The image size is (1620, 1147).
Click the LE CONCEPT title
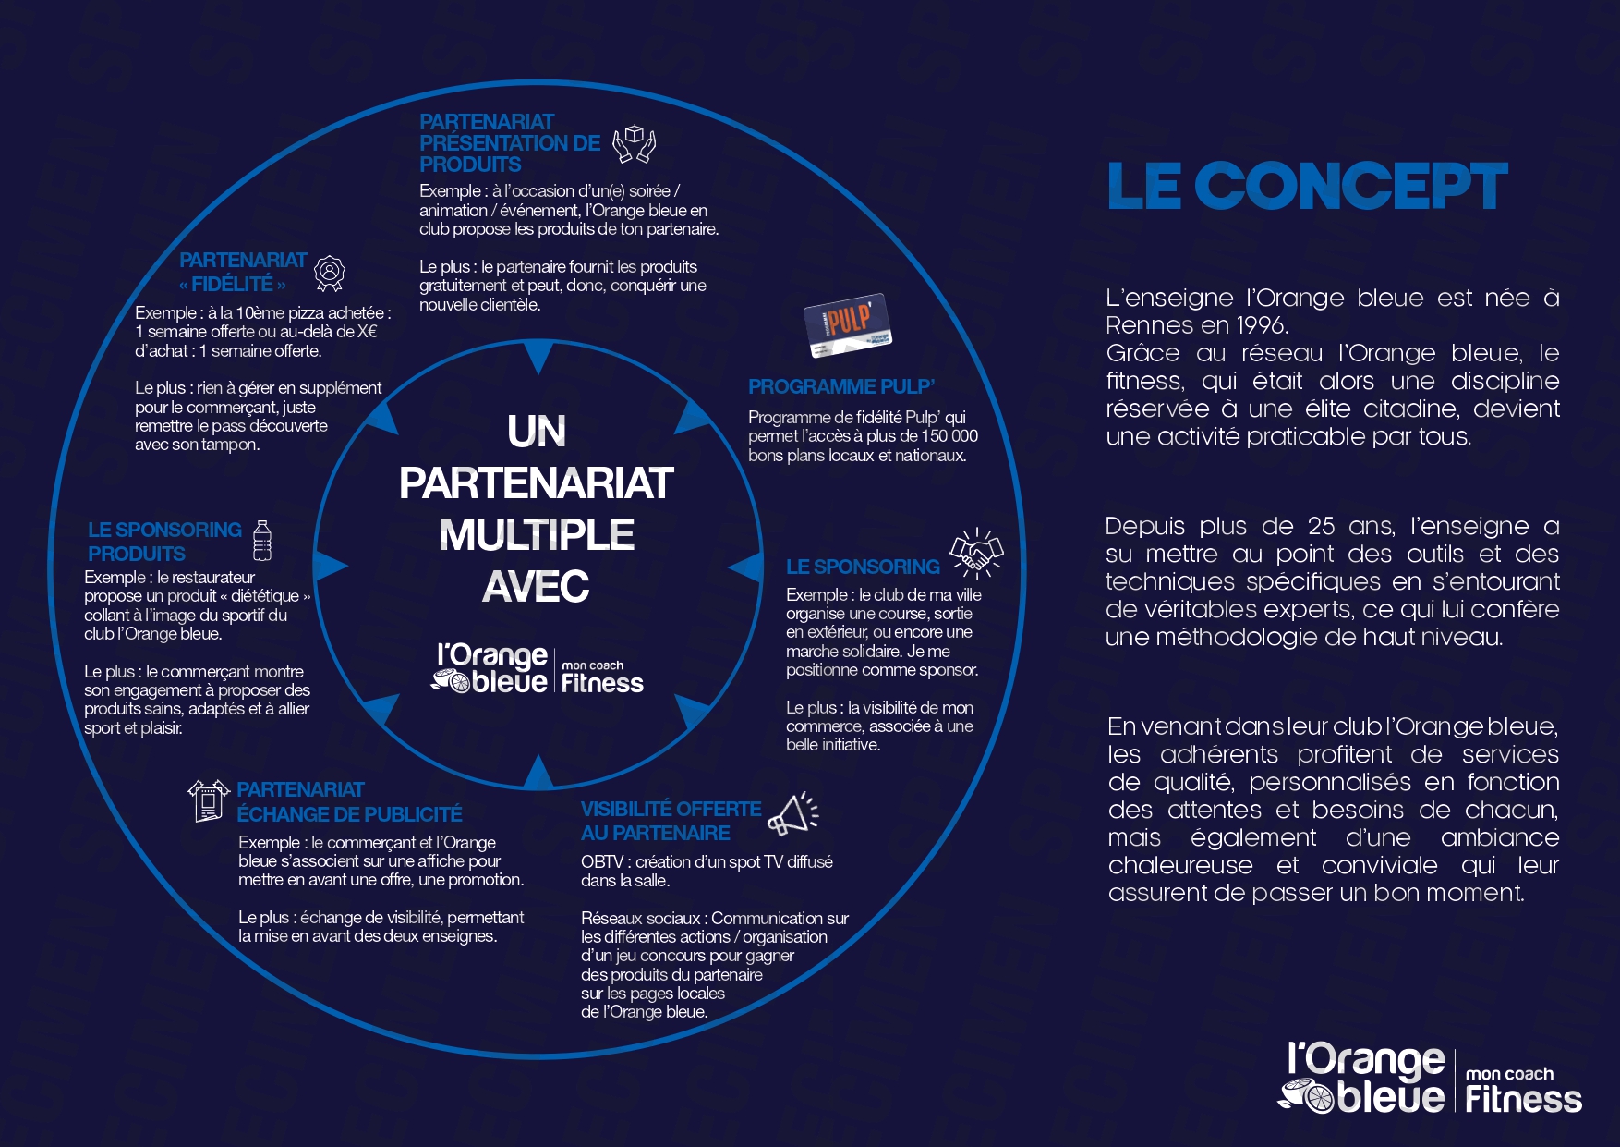tap(1307, 187)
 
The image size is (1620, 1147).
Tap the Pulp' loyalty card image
tap(847, 324)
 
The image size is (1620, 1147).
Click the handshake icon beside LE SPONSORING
tap(976, 554)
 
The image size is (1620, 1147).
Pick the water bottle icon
tap(262, 541)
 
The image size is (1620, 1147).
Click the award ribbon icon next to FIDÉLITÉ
tap(330, 273)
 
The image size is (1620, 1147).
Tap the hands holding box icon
tap(635, 144)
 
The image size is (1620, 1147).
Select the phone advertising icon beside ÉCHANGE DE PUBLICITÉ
tap(208, 800)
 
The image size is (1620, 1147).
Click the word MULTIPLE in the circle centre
tap(536, 535)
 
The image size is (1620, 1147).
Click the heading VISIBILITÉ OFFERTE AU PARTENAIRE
tap(671, 821)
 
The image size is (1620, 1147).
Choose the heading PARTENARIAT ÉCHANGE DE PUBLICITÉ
tap(348, 802)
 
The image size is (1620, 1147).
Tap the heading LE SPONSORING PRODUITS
tap(164, 542)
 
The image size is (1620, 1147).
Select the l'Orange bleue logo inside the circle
tap(538, 669)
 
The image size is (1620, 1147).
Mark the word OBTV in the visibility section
tap(602, 861)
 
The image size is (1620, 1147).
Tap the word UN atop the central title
tap(537, 432)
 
